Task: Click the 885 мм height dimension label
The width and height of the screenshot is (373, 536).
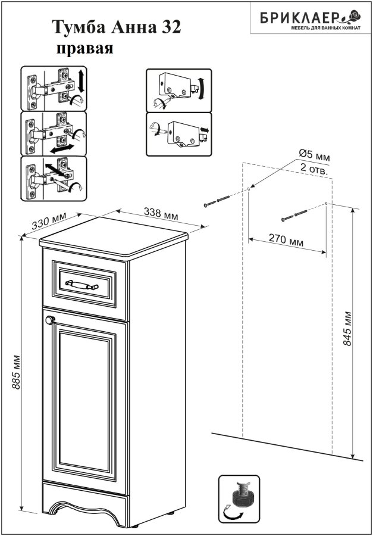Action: pos(15,372)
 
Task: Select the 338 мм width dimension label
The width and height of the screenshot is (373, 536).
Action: pos(161,214)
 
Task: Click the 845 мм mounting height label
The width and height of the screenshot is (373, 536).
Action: pos(347,328)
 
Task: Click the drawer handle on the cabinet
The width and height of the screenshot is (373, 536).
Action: pos(82,285)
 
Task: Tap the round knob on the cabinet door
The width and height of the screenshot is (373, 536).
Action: pos(50,320)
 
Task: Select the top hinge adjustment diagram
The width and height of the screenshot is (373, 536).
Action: pos(54,89)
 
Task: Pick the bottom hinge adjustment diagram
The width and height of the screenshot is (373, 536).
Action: pos(54,179)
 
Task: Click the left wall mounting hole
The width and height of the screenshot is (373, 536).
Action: pos(249,189)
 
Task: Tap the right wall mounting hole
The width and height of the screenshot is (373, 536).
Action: pos(326,204)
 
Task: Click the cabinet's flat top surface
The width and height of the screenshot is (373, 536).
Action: pos(114,236)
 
